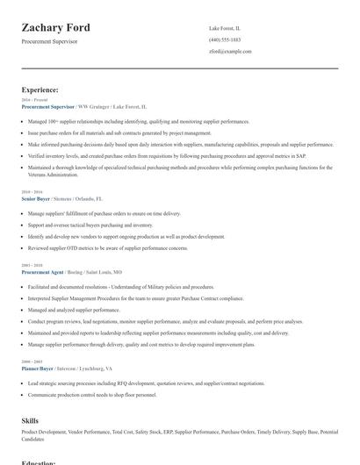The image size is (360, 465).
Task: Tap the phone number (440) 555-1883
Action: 225,39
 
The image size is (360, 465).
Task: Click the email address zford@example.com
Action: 230,51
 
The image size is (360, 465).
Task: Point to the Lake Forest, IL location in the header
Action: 225,28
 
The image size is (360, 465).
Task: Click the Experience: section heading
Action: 40,89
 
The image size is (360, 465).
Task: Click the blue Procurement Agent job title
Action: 43,272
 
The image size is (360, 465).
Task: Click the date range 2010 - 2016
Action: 31,192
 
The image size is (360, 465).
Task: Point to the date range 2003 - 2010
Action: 31,265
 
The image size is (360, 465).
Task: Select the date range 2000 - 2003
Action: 31,362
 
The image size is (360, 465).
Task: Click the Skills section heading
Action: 30,421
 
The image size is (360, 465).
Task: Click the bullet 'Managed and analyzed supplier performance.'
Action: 74,310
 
